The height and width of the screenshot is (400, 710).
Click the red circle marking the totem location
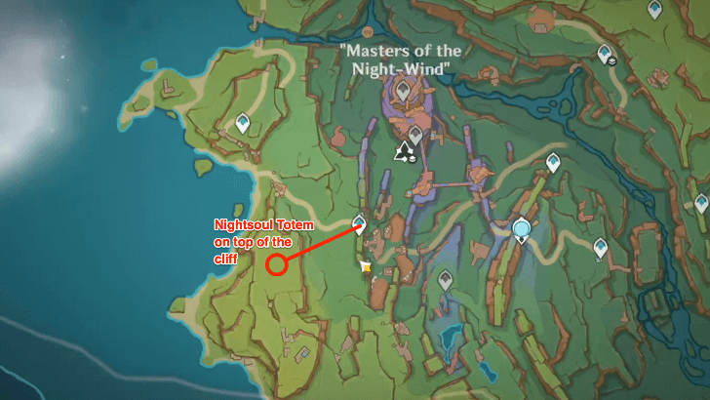[276, 264]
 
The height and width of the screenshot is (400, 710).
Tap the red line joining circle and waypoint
[318, 245]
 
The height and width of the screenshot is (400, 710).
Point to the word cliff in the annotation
[226, 259]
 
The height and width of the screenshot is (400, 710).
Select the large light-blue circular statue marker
[523, 229]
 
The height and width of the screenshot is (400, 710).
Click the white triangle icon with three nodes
[404, 150]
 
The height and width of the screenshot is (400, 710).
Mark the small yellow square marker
[366, 265]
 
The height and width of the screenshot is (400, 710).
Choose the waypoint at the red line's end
[359, 223]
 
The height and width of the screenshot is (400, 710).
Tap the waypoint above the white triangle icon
[415, 133]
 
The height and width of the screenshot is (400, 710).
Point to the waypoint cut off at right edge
[702, 203]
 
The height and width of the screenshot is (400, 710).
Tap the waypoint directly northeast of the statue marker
[553, 162]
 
